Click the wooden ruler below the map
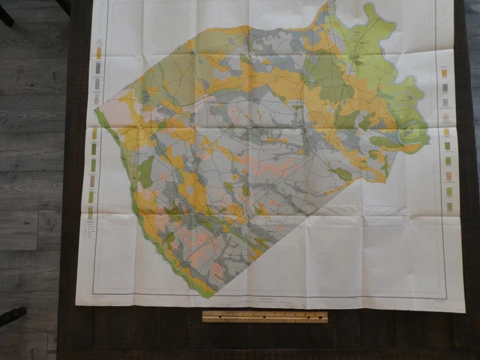click(x=265, y=316)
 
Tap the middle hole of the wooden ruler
click(x=265, y=316)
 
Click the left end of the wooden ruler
click(x=204, y=316)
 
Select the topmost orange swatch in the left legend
click(x=98, y=52)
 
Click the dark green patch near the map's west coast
click(x=145, y=172)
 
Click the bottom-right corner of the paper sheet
click(x=464, y=310)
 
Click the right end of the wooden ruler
click(x=326, y=316)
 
